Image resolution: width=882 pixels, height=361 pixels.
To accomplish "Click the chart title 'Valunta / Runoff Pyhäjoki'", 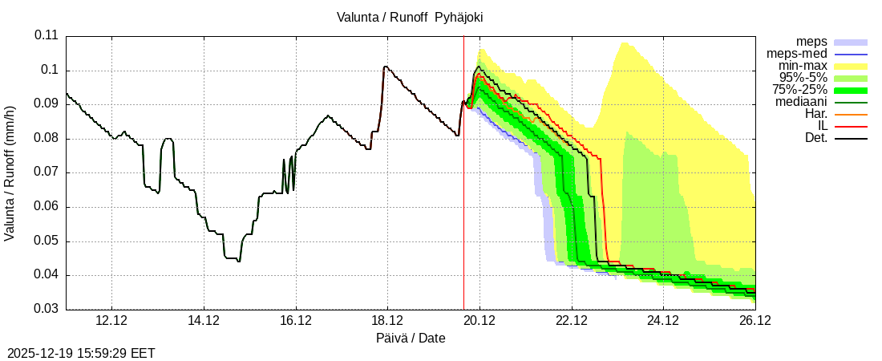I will tap(410, 16).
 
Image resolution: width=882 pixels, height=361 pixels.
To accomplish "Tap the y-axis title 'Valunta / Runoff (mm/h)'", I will tap(10, 173).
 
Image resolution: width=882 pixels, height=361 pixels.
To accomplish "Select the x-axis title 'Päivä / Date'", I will tap(411, 339).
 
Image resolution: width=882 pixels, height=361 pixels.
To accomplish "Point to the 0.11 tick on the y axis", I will tap(47, 36).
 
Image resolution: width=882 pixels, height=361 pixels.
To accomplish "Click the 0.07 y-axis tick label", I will tap(47, 172).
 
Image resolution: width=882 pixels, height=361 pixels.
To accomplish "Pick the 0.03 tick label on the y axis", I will tap(47, 310).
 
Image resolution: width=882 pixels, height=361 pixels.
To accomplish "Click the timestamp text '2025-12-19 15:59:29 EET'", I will tap(81, 353).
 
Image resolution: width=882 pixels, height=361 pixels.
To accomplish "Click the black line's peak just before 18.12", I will tap(385, 67).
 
